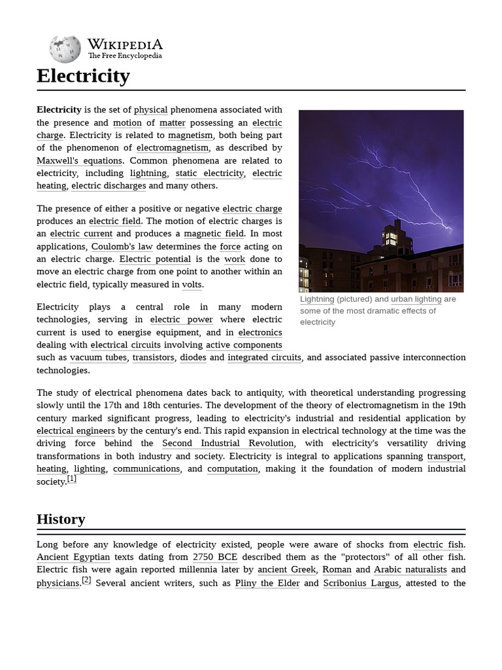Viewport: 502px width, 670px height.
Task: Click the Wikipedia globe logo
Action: click(65, 49)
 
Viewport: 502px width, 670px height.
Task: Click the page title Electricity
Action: click(83, 76)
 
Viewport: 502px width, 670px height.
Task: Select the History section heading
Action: click(61, 520)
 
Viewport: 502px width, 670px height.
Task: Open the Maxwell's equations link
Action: click(79, 161)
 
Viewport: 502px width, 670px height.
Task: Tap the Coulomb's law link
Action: click(122, 247)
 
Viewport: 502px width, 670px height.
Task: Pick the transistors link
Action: click(154, 358)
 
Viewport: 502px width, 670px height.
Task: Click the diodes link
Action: click(193, 358)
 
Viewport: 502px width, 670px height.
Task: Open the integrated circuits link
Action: click(265, 358)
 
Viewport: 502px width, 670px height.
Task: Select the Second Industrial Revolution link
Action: click(228, 444)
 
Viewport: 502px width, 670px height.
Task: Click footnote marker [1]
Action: click(72, 479)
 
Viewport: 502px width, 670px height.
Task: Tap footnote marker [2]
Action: click(86, 580)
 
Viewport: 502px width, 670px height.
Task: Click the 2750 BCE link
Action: click(215, 557)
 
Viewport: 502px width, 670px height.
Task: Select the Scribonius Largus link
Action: click(361, 583)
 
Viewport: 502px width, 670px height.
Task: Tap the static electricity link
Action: click(209, 173)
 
